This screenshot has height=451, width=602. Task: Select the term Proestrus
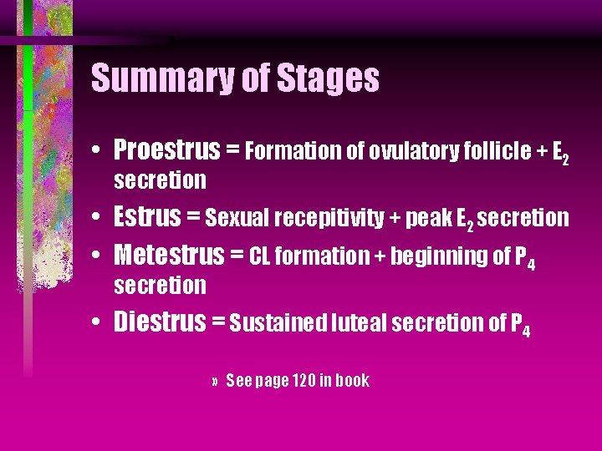pos(166,150)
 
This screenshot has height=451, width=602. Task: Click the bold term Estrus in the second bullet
pos(147,217)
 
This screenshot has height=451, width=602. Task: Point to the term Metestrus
pos(170,254)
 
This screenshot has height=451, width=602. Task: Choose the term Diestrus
pos(160,322)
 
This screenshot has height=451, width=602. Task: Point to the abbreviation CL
pos(259,256)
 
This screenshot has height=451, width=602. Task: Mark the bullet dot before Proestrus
pos(99,151)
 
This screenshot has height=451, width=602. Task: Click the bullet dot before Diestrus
pos(99,322)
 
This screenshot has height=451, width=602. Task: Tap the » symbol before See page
pos(215,382)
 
